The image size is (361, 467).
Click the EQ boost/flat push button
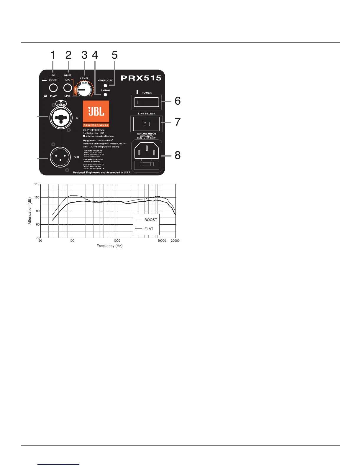click(x=53, y=88)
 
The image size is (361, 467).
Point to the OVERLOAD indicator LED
click(x=105, y=85)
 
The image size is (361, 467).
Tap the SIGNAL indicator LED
click(x=105, y=95)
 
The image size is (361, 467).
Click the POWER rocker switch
click(x=147, y=102)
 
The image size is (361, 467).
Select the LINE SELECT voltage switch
click(x=147, y=124)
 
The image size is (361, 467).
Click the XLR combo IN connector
click(x=61, y=117)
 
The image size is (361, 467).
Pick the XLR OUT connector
click(x=60, y=157)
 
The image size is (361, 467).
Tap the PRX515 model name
click(x=141, y=78)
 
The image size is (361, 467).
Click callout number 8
click(x=178, y=155)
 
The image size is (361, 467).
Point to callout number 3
click(x=84, y=55)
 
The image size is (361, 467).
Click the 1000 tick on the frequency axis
click(x=117, y=241)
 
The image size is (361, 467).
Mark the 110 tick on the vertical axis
click(x=37, y=184)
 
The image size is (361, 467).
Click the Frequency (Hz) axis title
click(x=109, y=246)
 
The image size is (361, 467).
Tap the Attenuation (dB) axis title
click(x=29, y=211)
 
